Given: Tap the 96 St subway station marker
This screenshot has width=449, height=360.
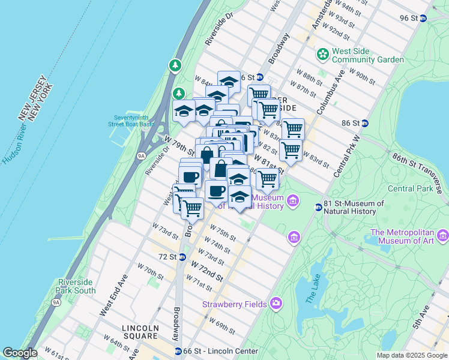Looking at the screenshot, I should point(423,18).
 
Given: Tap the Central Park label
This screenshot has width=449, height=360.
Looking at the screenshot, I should point(409,188).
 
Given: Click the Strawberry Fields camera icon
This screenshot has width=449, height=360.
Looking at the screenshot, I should point(276,303).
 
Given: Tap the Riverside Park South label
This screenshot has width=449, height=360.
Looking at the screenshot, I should point(76,286).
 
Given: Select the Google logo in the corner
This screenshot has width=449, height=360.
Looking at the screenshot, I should point(19,353).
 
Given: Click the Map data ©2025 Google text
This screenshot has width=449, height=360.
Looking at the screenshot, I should point(411,355).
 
